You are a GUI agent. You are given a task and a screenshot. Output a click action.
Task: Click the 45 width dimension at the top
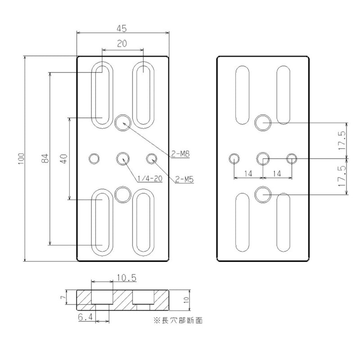[x=121, y=28]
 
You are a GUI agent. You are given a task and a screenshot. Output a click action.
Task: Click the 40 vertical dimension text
[x=64, y=158]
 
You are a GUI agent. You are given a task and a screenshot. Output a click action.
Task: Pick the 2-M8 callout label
[x=180, y=154]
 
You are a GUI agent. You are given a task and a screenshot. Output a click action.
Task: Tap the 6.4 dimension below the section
[x=85, y=318]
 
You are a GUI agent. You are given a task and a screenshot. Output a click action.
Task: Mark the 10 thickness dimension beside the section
[x=186, y=300]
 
